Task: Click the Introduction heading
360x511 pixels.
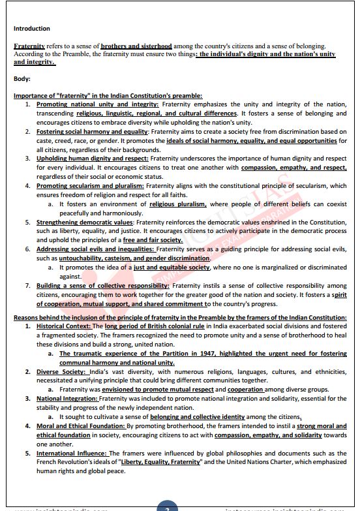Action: click(31, 29)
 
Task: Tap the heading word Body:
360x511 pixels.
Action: click(22, 79)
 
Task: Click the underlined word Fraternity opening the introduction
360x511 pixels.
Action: click(29, 46)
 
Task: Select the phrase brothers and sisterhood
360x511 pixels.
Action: click(136, 46)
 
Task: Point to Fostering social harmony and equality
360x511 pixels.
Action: click(92, 131)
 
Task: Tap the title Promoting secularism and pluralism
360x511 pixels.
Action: click(90, 185)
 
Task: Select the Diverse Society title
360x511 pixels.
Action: click(61, 371)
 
